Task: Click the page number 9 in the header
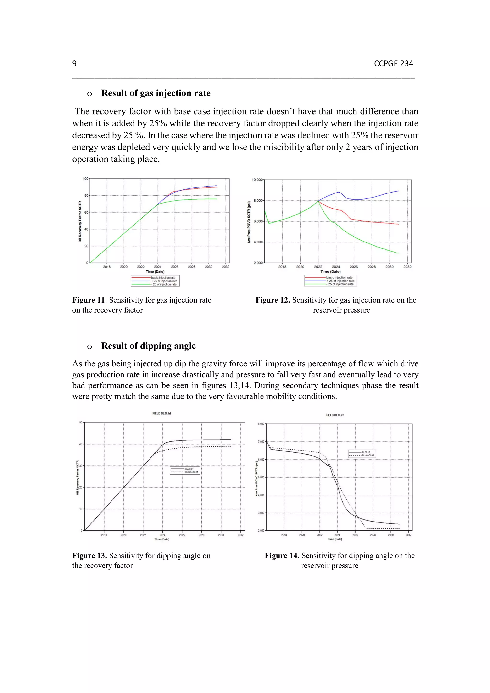[x=74, y=64]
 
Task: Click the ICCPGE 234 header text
[x=392, y=64]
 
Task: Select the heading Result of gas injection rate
[x=156, y=93]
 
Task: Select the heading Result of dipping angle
[x=148, y=346]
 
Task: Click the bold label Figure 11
[x=88, y=300]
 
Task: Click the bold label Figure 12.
[x=273, y=300]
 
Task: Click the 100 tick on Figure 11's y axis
[x=85, y=179]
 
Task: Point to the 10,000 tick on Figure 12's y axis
[x=257, y=180]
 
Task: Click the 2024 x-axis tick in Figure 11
[x=158, y=267]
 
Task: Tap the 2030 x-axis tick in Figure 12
[x=390, y=267]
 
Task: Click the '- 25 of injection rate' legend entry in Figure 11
[x=165, y=284]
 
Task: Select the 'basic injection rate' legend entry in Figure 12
[x=339, y=277]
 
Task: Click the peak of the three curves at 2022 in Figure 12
[x=318, y=201]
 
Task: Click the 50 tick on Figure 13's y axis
[x=81, y=422]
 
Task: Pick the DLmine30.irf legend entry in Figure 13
[x=191, y=472]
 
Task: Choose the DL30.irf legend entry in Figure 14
[x=366, y=452]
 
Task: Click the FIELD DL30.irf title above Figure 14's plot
[x=335, y=415]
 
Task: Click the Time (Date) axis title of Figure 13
[x=161, y=539]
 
